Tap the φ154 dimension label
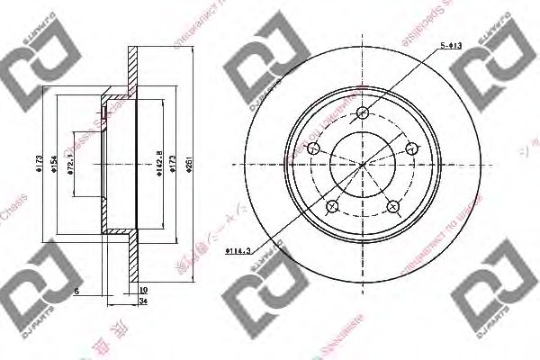[x=56, y=165]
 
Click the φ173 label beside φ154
[x=41, y=165]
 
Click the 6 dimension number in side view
[x=78, y=291]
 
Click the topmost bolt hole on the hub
[x=363, y=113]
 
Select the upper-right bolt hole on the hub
[x=412, y=149]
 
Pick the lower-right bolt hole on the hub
[x=393, y=207]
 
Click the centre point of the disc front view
[x=363, y=165]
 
